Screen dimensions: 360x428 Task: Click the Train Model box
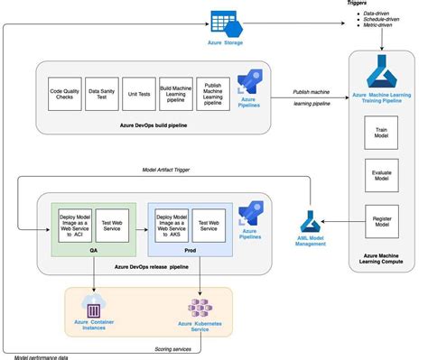[x=380, y=136]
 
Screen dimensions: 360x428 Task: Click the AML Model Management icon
[x=311, y=221]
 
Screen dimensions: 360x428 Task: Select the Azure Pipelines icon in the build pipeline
[x=247, y=83]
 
